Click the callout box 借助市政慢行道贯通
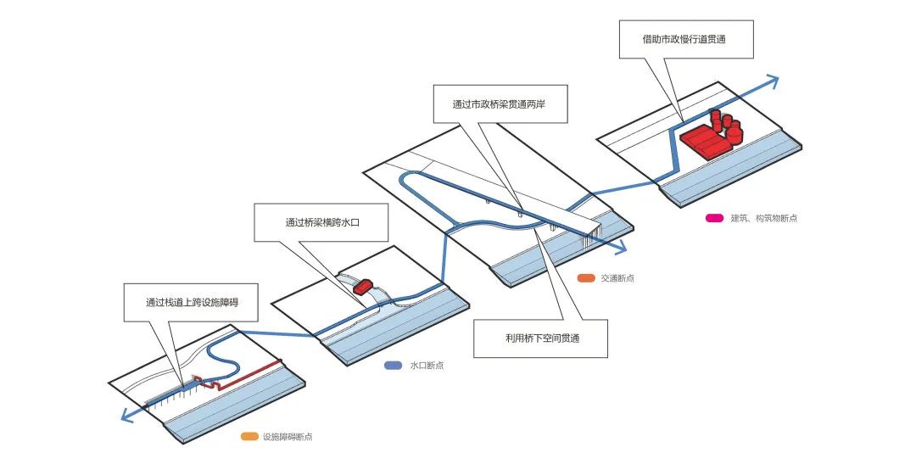686,40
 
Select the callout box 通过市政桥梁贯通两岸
500,104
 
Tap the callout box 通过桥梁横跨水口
321,222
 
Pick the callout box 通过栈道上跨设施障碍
191,302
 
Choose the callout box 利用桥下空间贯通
540,338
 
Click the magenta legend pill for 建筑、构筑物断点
714,219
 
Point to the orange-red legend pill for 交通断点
585,278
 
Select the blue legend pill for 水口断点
393,366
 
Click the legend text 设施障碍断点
288,437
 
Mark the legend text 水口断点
427,366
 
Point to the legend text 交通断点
617,278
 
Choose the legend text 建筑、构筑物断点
763,219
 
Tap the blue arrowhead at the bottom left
126,415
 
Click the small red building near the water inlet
363,287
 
